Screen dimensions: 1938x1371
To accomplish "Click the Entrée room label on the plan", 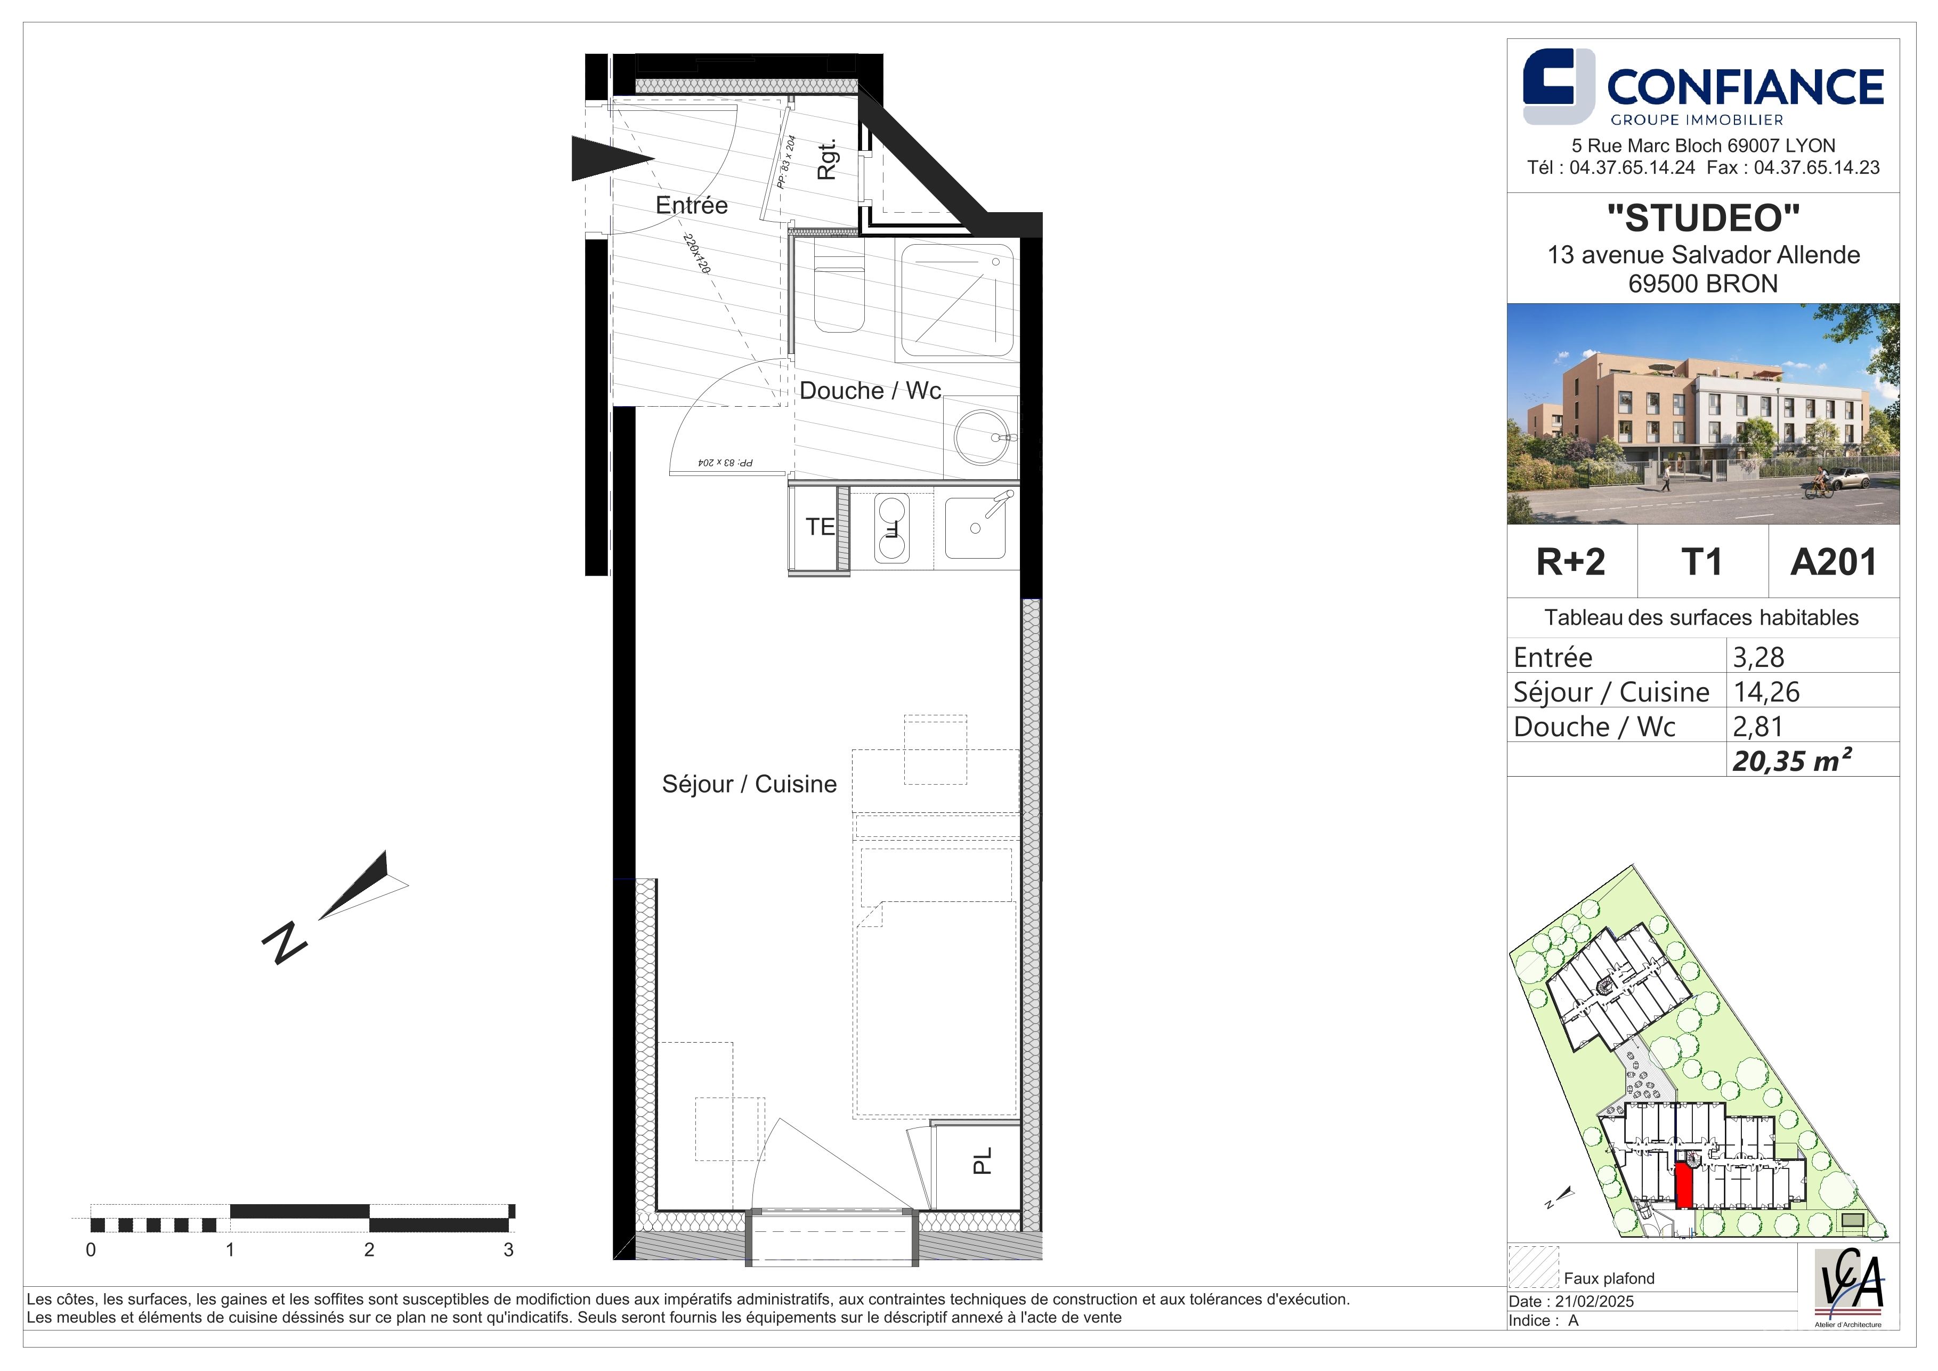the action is [691, 205].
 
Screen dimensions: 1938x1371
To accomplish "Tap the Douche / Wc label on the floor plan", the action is [870, 390].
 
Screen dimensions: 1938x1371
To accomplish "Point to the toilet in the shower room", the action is [839, 286].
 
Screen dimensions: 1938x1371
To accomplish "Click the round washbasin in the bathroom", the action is [982, 437].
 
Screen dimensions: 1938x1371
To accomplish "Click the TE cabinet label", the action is [820, 527].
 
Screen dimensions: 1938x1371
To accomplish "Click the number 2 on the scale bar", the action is [369, 1249].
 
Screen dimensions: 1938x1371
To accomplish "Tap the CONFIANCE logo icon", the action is [1558, 86].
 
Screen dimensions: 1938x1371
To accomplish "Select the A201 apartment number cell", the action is [1834, 561].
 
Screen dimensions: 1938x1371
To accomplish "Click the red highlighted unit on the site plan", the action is [1684, 1185].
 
